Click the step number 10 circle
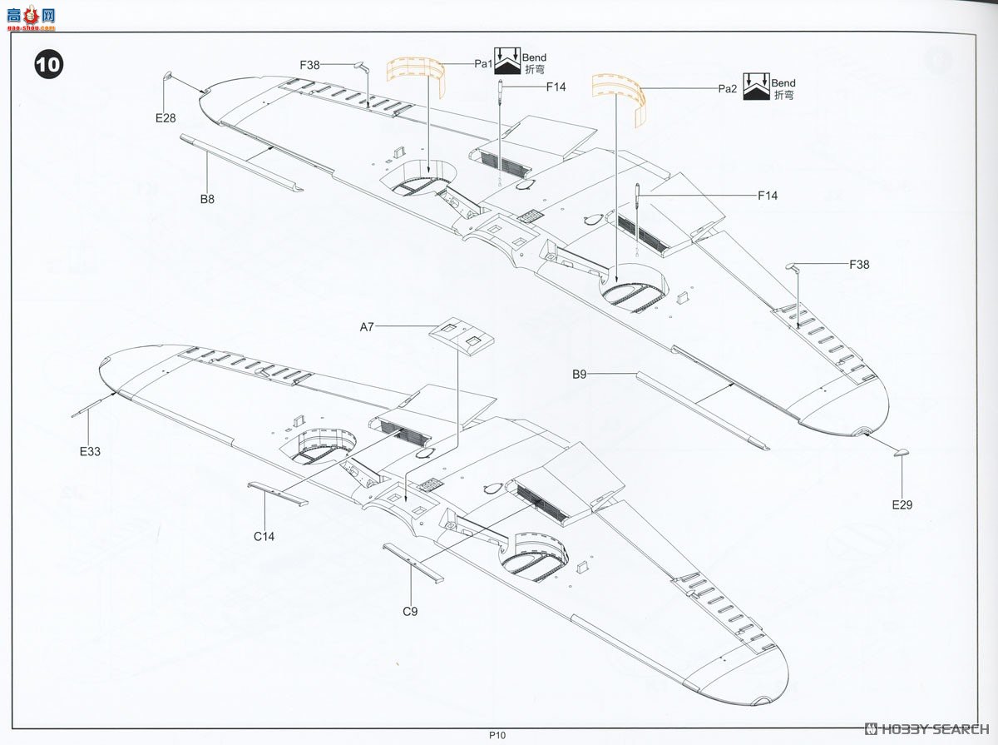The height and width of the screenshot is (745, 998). pos(47,65)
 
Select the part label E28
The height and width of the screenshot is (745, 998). pos(166,118)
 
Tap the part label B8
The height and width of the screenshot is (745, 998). pos(207,199)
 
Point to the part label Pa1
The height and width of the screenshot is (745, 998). pos(484,63)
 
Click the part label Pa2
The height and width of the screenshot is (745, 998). pos(728,88)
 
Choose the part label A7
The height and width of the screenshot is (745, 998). pos(367,327)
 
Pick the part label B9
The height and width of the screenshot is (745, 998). pos(580,375)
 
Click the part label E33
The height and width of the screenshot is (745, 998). pos(90,452)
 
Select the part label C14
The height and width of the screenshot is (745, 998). pos(264,536)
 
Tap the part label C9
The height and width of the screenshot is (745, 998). pos(410,612)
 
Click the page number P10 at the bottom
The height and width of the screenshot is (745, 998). pos(497,735)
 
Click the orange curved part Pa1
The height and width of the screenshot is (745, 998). pos(415,78)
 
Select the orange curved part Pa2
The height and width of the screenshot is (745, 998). pos(620,96)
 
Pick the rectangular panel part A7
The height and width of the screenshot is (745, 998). pos(462,335)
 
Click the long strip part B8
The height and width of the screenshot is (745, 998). pos(240,162)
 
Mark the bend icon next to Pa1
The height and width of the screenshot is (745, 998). pos(507,63)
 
